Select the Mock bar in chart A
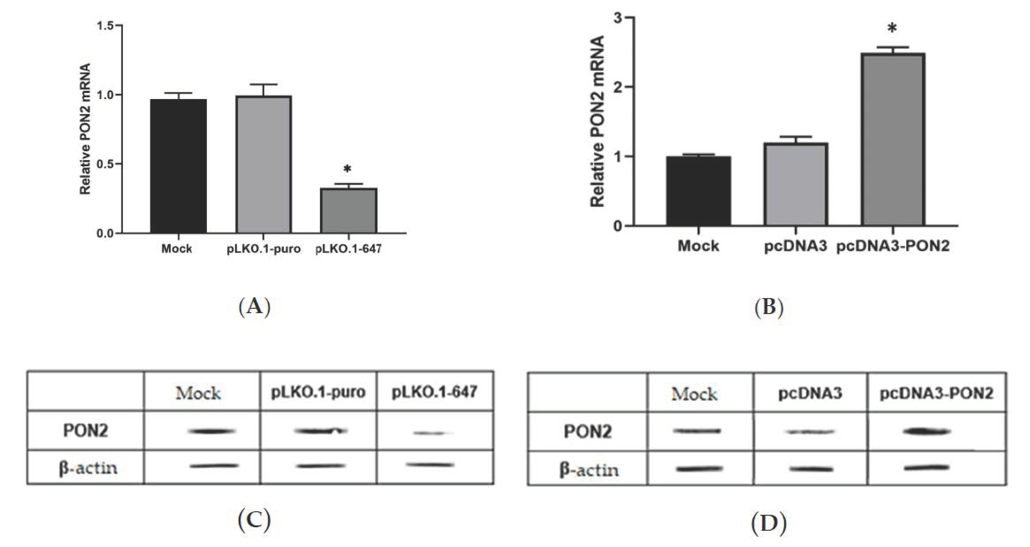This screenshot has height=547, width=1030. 178,166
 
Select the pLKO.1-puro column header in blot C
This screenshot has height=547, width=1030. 318,392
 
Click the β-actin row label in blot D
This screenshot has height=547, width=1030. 589,470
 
